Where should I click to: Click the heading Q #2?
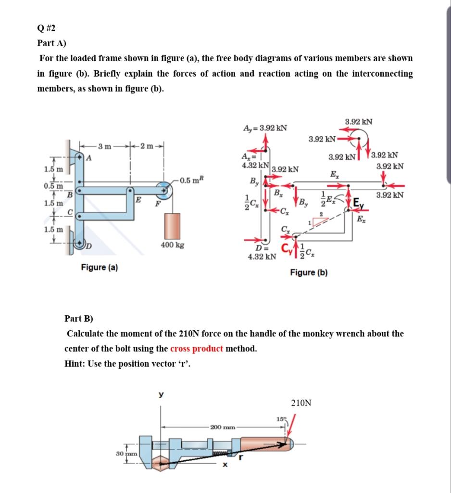(47, 27)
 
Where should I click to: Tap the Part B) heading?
(79, 318)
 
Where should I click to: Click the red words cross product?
(196, 349)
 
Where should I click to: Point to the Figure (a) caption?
(100, 267)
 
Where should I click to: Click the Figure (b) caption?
(309, 272)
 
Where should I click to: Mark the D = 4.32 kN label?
(262, 253)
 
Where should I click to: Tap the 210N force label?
(301, 403)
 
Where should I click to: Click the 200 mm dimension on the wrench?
(223, 427)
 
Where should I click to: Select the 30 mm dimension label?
(125, 454)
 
